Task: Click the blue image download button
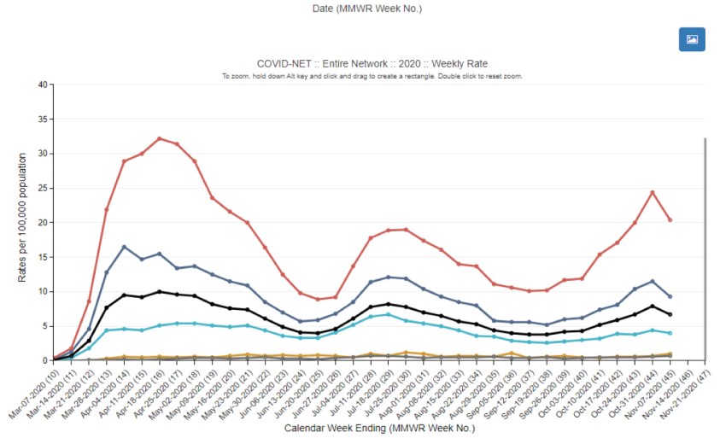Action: click(x=692, y=39)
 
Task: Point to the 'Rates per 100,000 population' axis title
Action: click(x=23, y=222)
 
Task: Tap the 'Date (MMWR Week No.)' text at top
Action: click(x=366, y=9)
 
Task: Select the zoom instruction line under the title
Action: click(x=372, y=76)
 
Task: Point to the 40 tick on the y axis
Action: click(x=42, y=85)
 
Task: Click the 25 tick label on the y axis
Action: click(x=42, y=188)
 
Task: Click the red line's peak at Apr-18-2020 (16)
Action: click(x=159, y=138)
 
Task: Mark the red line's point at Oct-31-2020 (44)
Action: click(x=653, y=192)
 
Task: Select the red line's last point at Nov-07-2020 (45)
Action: click(x=670, y=219)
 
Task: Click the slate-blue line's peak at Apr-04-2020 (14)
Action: click(x=124, y=247)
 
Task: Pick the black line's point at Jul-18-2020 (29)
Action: click(x=388, y=304)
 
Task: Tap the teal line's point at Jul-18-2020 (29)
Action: click(x=388, y=314)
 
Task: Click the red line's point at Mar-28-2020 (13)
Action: click(x=106, y=209)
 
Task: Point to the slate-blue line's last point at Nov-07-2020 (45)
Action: click(x=670, y=296)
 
